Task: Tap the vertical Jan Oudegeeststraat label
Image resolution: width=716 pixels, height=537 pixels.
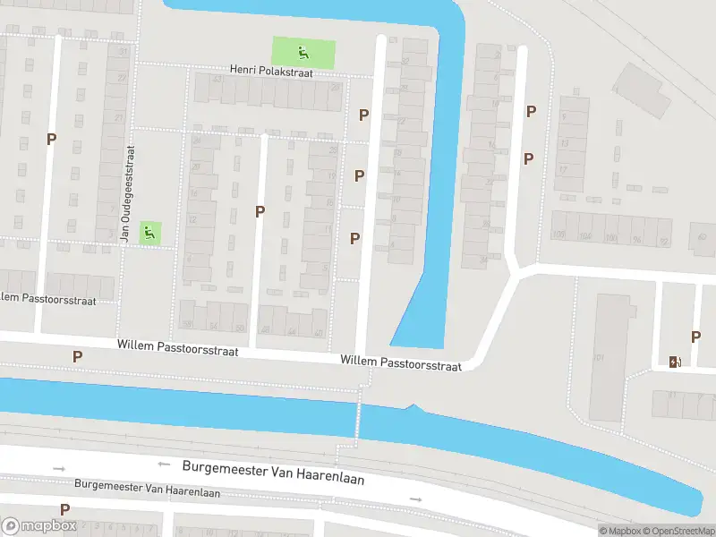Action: pos(128,195)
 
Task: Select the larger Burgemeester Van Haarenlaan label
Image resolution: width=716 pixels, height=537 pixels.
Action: pos(273,472)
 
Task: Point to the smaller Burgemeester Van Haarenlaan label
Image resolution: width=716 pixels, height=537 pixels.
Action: pos(147,489)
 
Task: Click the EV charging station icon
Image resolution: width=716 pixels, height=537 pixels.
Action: pos(675,362)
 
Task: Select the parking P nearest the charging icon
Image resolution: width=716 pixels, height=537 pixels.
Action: pos(695,337)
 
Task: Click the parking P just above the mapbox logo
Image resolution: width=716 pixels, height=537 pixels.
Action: pos(64,509)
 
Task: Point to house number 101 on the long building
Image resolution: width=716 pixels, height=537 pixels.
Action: pos(598,358)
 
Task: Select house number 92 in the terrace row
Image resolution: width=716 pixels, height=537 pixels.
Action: pos(663,242)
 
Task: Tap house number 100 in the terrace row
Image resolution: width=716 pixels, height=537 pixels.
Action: pos(610,238)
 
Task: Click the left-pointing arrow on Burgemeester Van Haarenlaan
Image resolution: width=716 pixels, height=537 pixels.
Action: pos(164,464)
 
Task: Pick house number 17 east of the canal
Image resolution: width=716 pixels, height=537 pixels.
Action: pos(563,168)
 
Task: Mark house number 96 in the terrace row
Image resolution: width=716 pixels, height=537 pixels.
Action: pos(637,240)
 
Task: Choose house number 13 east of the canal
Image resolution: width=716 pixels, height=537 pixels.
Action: pos(564,143)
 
